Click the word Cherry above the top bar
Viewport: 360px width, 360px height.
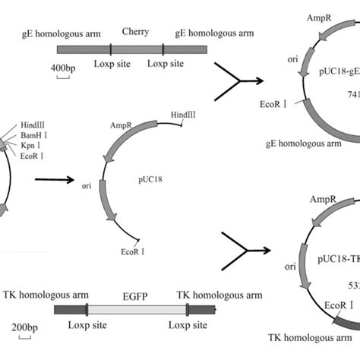point(134,33)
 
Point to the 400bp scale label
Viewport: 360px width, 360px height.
point(63,69)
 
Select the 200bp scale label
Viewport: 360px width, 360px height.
point(25,327)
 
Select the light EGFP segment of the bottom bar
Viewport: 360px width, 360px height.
point(137,309)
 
